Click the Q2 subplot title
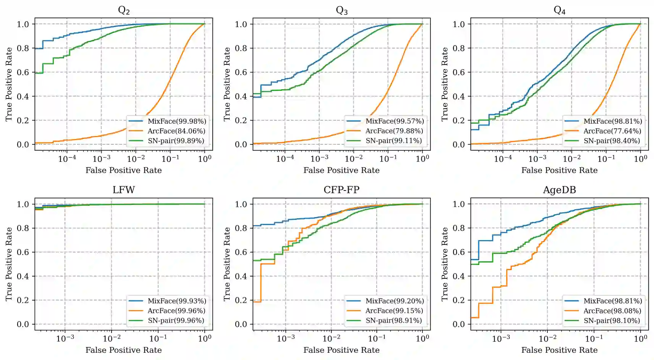[124, 10]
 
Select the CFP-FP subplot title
[342, 190]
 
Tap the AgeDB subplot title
[559, 190]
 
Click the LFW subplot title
[124, 190]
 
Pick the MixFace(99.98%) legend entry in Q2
[177, 121]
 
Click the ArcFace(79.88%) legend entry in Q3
[394, 131]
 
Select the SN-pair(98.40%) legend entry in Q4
[612, 141]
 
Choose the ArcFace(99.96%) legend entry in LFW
[176, 311]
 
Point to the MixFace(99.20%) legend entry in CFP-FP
[395, 301]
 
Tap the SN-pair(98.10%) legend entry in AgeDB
[612, 321]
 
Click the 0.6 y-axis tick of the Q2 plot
[23, 72]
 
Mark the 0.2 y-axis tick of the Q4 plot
[459, 120]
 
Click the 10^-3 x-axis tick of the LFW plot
[65, 338]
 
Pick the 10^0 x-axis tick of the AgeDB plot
[640, 338]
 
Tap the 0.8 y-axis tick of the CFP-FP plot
[241, 228]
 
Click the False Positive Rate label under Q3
[342, 170]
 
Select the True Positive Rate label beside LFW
[9, 264]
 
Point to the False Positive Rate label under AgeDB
[559, 350]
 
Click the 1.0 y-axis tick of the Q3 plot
[241, 24]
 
